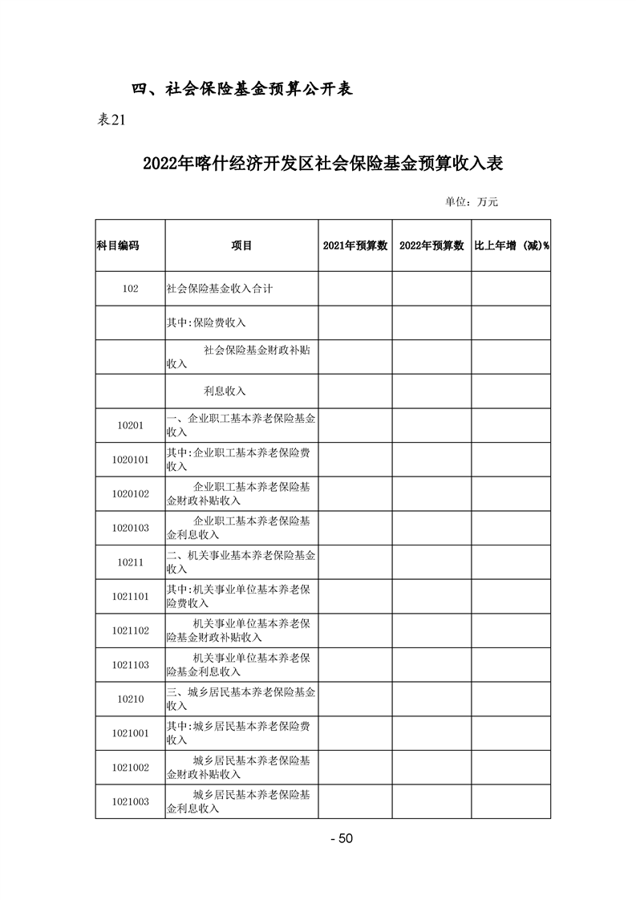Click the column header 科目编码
click(x=118, y=245)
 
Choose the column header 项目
click(x=241, y=245)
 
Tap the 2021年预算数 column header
click(x=355, y=245)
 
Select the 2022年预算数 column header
click(x=431, y=245)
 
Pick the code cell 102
click(x=130, y=289)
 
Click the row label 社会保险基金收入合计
click(x=219, y=289)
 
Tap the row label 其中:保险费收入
click(x=206, y=322)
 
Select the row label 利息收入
click(x=225, y=391)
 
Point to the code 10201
click(x=130, y=425)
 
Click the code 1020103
click(x=131, y=528)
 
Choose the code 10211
click(x=130, y=562)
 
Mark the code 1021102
click(x=131, y=630)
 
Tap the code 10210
click(x=130, y=699)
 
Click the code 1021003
click(x=131, y=801)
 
